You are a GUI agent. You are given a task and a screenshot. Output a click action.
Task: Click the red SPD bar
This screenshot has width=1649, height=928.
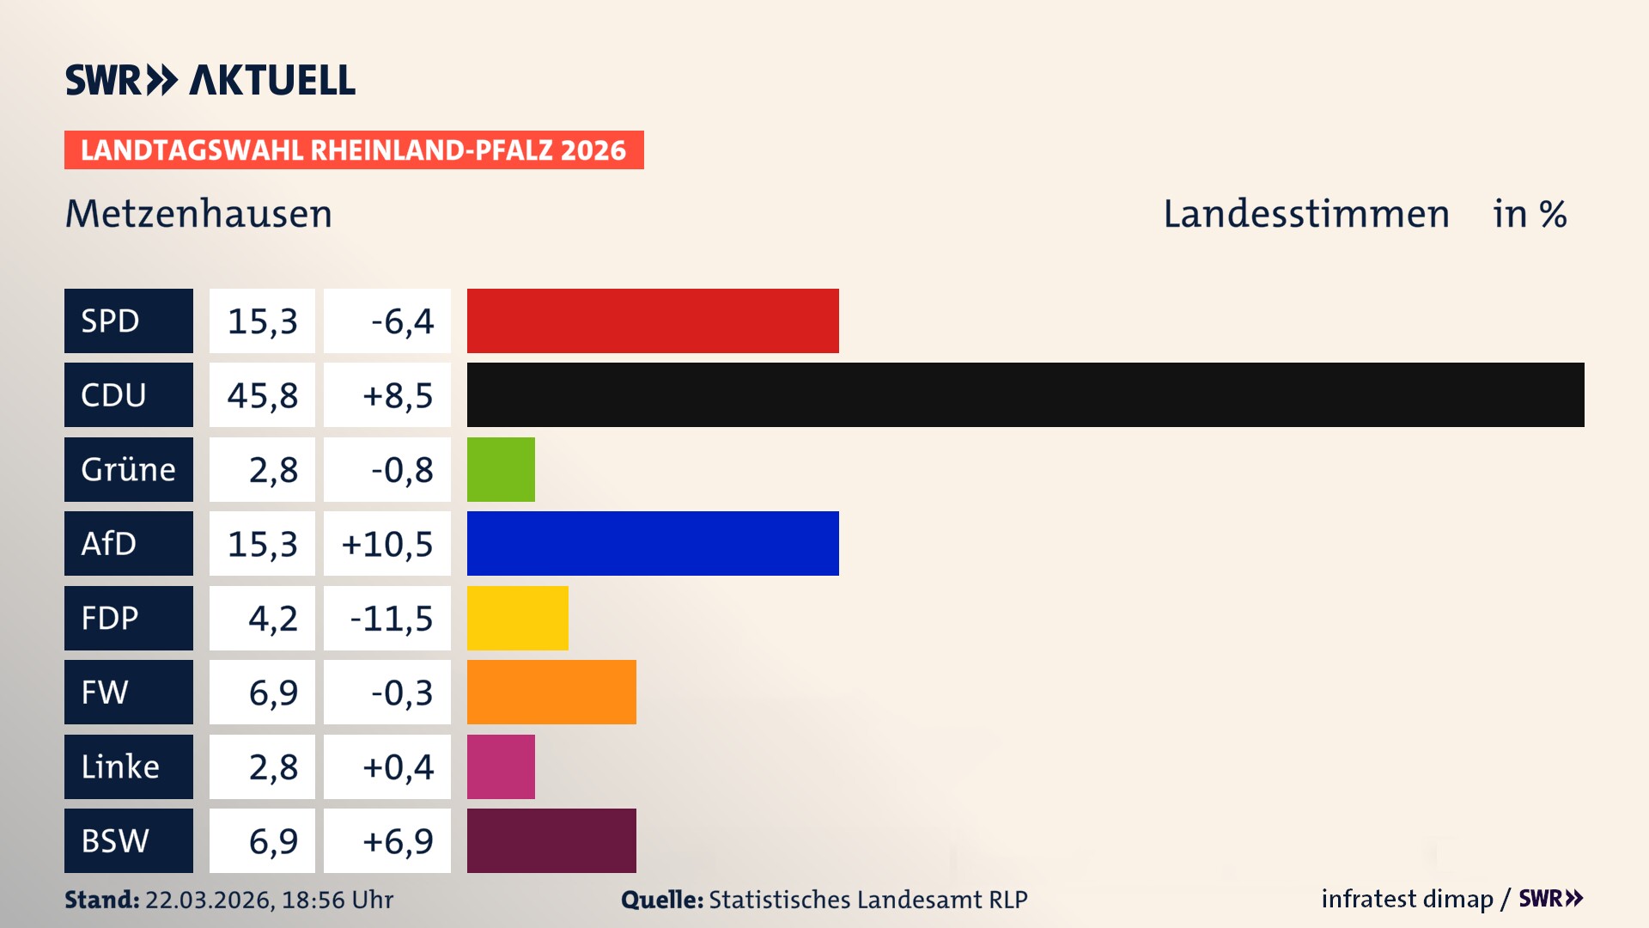point(653,321)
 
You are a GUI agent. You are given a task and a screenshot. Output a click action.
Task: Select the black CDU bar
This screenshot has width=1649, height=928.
point(1025,394)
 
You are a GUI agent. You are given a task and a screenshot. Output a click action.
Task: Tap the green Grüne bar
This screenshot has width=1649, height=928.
point(501,469)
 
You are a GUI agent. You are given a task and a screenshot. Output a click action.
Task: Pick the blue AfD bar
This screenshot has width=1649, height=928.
point(653,543)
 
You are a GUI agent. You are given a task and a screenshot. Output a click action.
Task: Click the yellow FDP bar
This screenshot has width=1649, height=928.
point(517,618)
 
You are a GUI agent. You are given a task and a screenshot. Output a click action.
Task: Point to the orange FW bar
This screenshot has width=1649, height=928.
point(551,692)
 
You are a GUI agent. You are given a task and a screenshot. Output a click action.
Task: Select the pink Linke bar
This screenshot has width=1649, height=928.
point(501,766)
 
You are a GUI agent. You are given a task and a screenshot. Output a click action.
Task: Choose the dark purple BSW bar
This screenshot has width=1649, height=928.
point(551,840)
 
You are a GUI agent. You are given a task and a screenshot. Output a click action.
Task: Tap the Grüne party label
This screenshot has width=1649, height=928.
point(129,469)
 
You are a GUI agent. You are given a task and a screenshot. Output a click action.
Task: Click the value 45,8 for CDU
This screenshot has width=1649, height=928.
point(262,395)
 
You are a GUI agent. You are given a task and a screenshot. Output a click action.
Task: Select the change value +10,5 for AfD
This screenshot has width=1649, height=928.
point(387,544)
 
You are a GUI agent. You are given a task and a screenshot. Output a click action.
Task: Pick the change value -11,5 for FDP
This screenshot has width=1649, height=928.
point(391,619)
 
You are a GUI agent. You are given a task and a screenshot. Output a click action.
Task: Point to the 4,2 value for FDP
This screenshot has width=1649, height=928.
point(272,619)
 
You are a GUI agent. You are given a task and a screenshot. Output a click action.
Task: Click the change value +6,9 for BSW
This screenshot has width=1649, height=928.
point(397,841)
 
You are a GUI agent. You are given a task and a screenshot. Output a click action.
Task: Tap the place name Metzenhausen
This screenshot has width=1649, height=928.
point(198,214)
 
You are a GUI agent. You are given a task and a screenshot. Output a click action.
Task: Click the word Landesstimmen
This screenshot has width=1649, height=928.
point(1305,214)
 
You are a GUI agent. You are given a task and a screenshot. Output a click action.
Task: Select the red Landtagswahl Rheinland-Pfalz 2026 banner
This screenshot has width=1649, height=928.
point(354,150)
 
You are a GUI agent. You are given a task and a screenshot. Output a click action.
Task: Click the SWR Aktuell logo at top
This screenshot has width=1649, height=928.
point(210,80)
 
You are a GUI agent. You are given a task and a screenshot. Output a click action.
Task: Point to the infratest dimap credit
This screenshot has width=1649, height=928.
point(1406,899)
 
